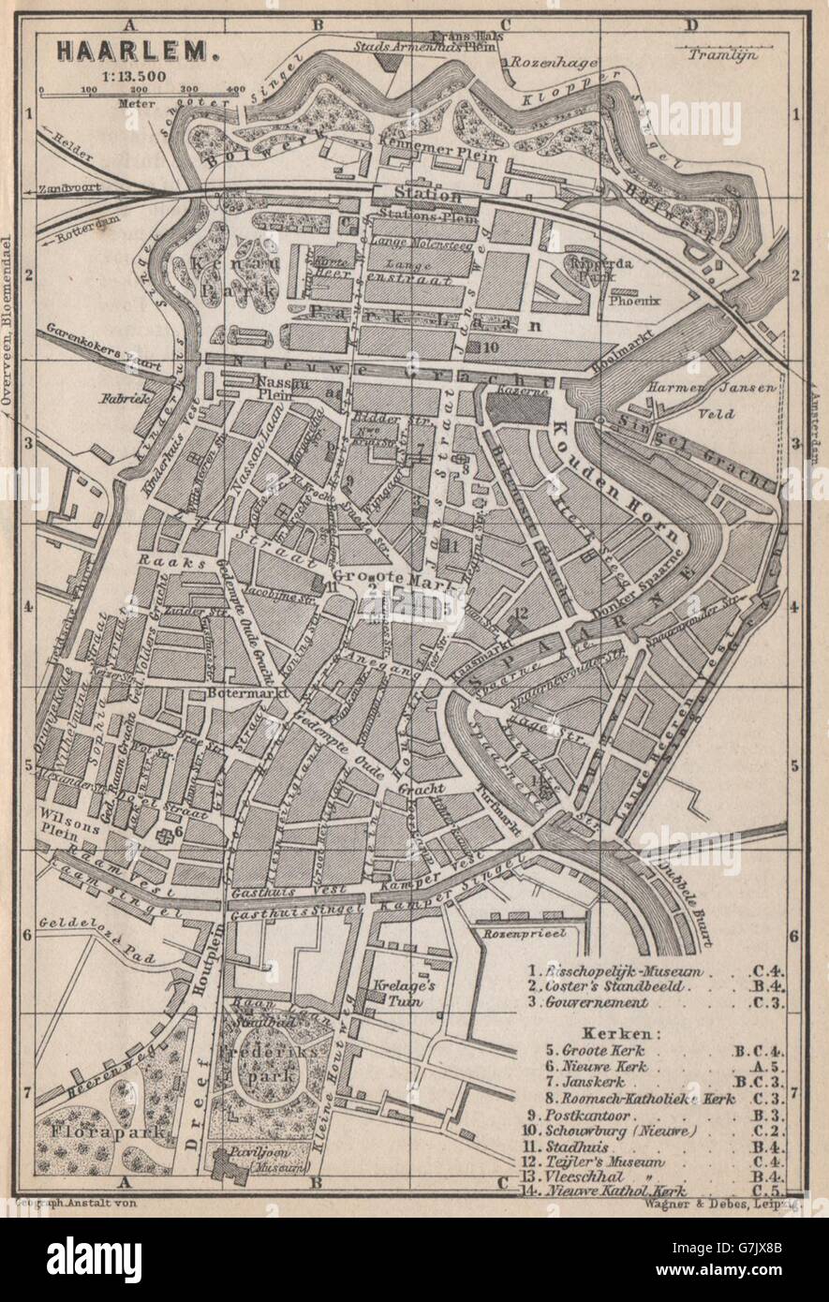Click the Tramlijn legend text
[x=720, y=53]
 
